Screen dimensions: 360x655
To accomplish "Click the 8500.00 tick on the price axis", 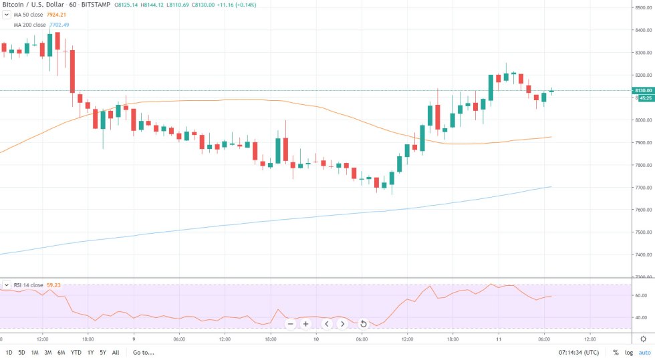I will [642, 8].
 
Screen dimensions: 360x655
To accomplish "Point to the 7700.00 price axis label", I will [642, 188].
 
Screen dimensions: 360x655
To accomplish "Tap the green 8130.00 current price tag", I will [642, 90].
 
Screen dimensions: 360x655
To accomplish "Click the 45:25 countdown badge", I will [645, 98].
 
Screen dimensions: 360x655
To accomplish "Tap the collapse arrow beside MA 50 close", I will [6, 15].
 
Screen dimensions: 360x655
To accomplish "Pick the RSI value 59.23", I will [55, 285].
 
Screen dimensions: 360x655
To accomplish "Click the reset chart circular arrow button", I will [363, 324].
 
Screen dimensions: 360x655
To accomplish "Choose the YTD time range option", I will [77, 352].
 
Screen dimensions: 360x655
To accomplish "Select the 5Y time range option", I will [103, 352].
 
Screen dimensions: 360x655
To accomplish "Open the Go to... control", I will [144, 352].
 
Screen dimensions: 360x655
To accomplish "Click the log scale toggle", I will [628, 352].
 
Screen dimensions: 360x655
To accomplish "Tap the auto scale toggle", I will [644, 352].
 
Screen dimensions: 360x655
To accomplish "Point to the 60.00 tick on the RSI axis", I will [641, 295].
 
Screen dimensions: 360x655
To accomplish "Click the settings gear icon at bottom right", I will [643, 339].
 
